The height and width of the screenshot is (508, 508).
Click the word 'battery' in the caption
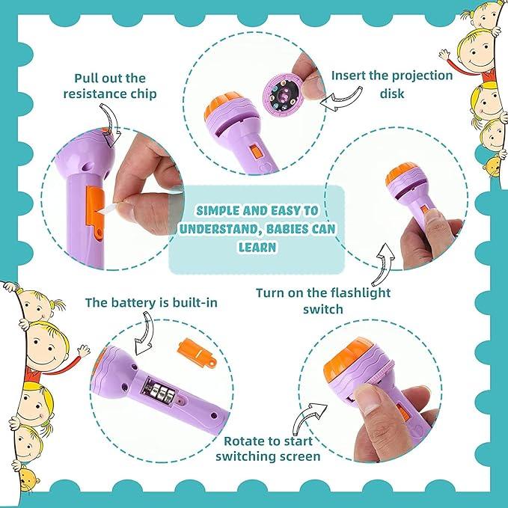pyautogui.click(x=138, y=302)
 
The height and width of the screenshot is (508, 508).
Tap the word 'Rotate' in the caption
pyautogui.click(x=244, y=441)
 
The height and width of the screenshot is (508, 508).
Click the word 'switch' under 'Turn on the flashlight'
pyautogui.click(x=323, y=308)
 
